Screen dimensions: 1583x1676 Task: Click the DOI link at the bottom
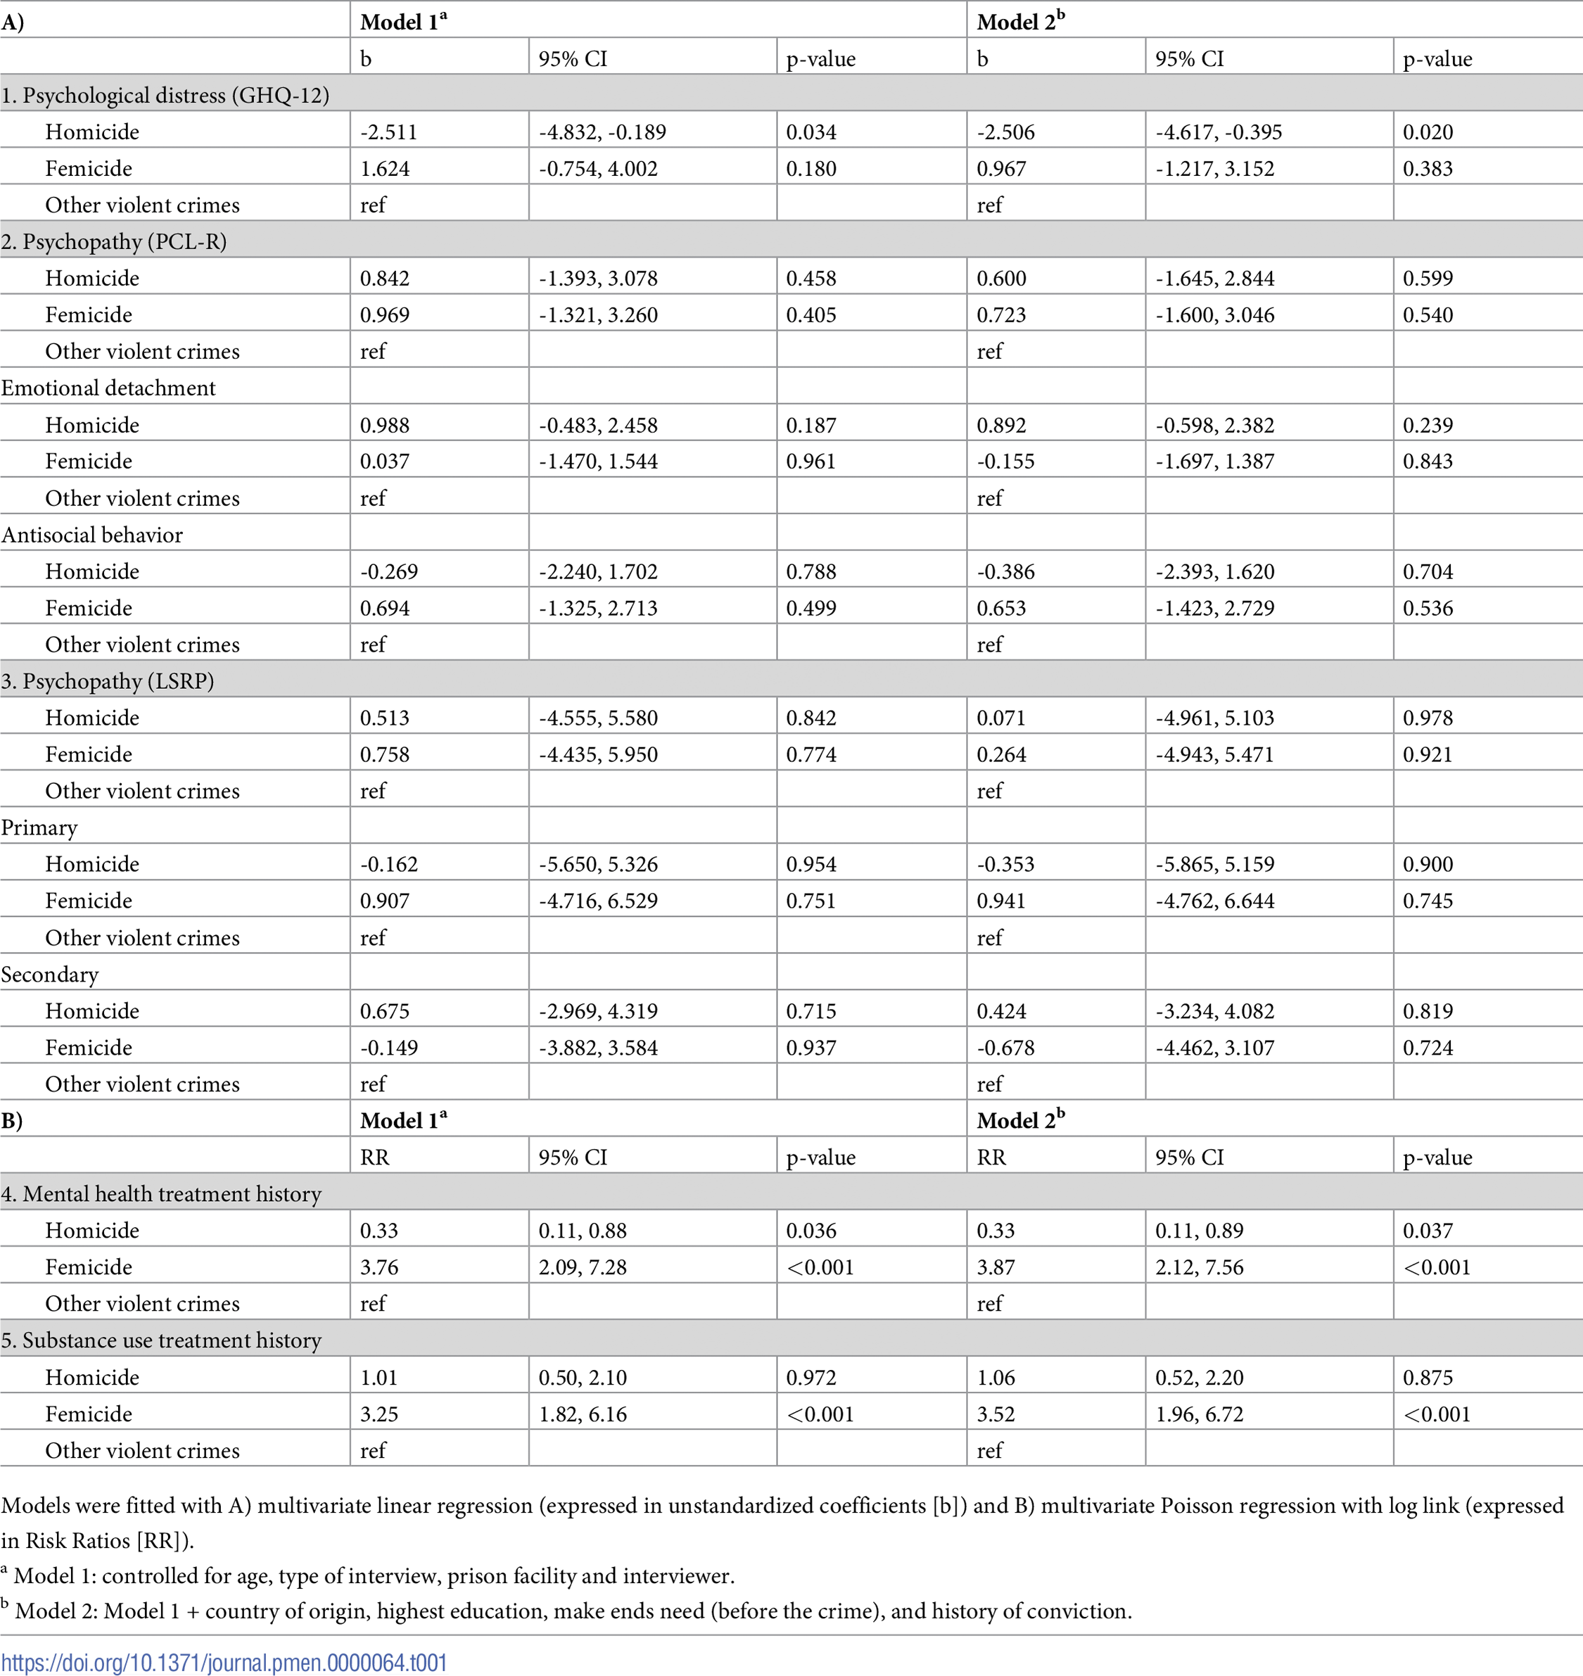[x=224, y=1662]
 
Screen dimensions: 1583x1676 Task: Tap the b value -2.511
[x=388, y=132]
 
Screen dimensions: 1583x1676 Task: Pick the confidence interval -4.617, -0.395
[x=1218, y=132]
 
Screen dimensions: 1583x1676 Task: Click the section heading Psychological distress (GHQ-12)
[x=165, y=96]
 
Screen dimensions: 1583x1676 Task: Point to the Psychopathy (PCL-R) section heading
[x=113, y=241]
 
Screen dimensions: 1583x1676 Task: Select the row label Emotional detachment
[x=108, y=388]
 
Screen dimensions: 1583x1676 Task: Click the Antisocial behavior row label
[x=91, y=534]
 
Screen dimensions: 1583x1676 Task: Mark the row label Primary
[x=39, y=828]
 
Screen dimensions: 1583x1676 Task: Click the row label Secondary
[x=49, y=974]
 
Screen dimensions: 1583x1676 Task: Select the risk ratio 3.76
[x=379, y=1266]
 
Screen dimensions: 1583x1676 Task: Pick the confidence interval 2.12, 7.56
[x=1199, y=1266]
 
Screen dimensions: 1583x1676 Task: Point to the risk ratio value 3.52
[x=996, y=1414]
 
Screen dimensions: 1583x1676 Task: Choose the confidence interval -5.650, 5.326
[x=598, y=864]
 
